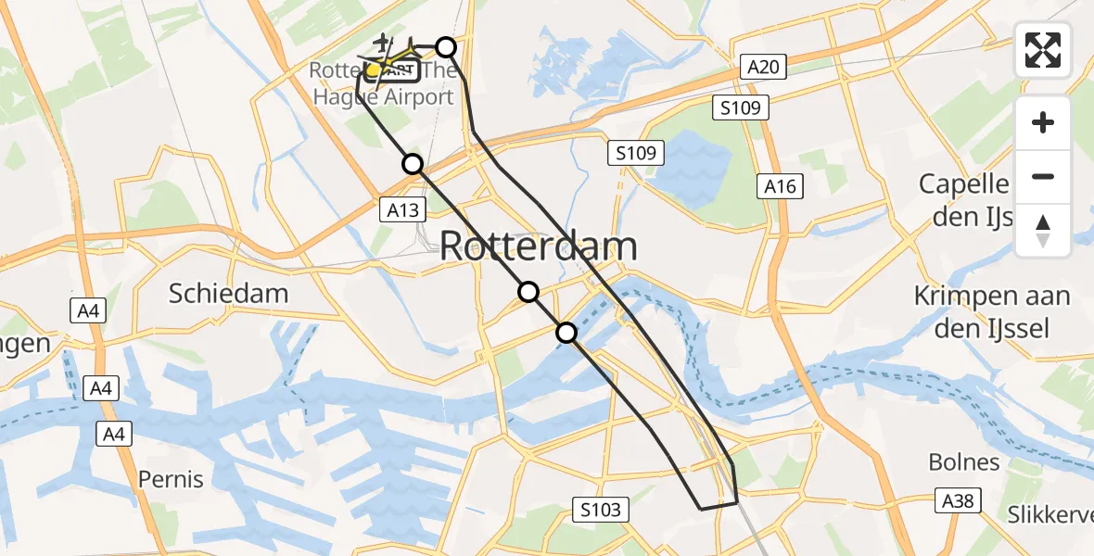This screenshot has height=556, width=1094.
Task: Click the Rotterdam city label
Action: pyautogui.click(x=539, y=246)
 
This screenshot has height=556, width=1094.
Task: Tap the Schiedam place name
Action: pyautogui.click(x=228, y=294)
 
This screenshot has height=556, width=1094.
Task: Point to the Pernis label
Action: pyautogui.click(x=170, y=479)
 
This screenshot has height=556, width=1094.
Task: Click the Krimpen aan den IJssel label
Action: pyautogui.click(x=992, y=311)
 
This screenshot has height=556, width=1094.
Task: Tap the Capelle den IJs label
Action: pyautogui.click(x=964, y=198)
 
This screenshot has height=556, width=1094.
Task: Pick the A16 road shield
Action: pyautogui.click(x=780, y=186)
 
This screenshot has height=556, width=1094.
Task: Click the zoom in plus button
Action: pyautogui.click(x=1043, y=122)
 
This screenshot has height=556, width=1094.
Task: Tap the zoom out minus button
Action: pyautogui.click(x=1043, y=176)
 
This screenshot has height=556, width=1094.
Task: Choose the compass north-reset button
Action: pyautogui.click(x=1043, y=231)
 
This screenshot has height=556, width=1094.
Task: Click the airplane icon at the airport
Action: pyautogui.click(x=382, y=43)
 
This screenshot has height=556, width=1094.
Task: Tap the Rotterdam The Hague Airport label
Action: pyautogui.click(x=382, y=83)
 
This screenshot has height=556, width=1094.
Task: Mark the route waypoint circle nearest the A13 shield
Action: pyautogui.click(x=413, y=164)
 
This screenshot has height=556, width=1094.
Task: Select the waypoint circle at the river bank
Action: pyautogui.click(x=566, y=333)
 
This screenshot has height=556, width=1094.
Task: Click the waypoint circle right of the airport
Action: pyautogui.click(x=446, y=47)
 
